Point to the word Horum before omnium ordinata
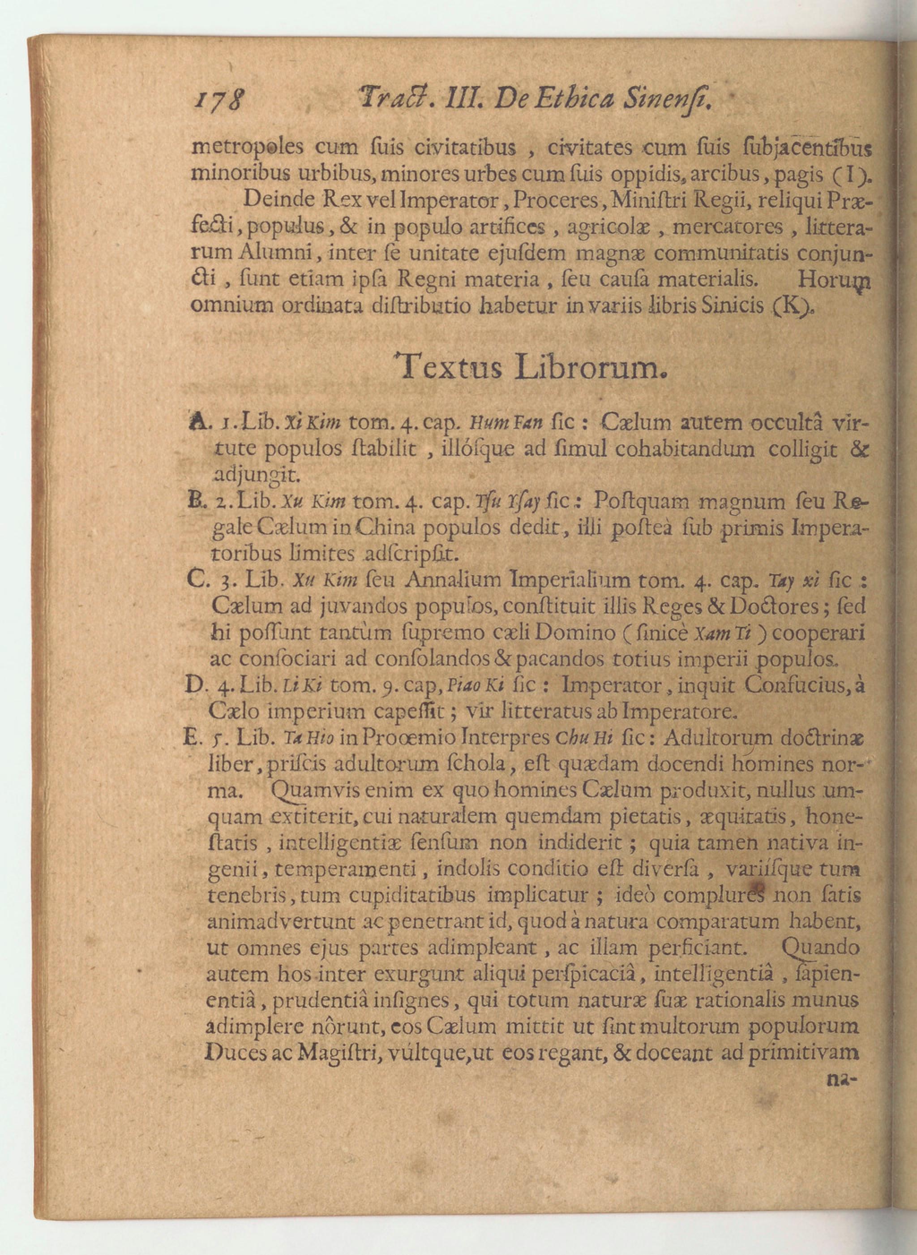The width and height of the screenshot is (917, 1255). [x=833, y=280]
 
